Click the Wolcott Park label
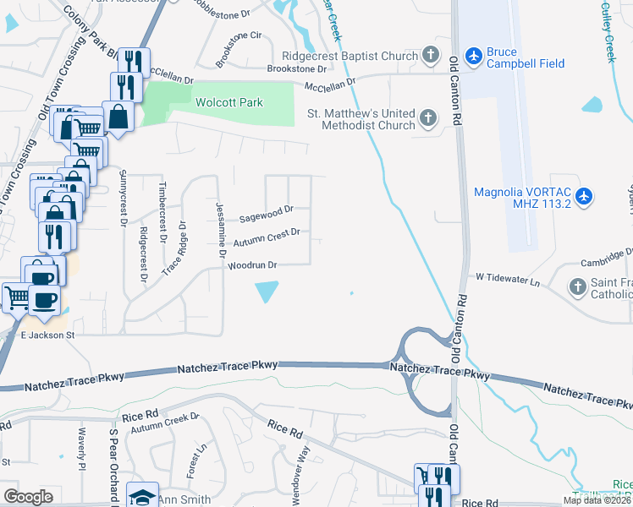229,103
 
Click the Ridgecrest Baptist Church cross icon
431,56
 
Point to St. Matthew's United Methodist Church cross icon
428,119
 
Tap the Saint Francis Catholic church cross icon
578,287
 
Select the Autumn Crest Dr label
266,237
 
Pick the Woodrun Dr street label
252,265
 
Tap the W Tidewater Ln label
508,276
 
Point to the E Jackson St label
48,335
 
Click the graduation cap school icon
142,496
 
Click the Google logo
28,497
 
